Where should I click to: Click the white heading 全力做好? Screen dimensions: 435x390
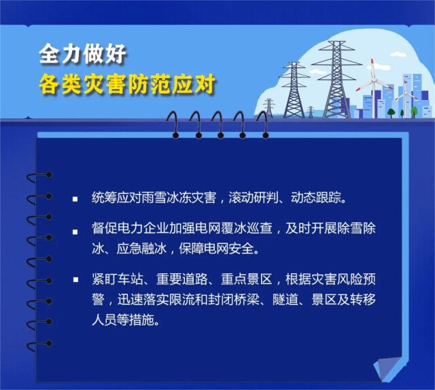pos(83,54)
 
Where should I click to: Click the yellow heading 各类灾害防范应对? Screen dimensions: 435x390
pos(127,84)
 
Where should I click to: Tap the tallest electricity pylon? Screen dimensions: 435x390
pos(336,79)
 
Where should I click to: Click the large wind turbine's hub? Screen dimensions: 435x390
pos(373,81)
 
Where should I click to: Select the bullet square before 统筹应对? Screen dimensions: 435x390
pos(75,199)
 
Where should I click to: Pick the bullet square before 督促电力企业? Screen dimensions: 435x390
pos(75,232)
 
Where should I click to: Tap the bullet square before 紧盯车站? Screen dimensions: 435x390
pos(75,279)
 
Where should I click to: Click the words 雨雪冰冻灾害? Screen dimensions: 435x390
pos(179,198)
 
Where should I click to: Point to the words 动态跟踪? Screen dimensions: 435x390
pos(315,198)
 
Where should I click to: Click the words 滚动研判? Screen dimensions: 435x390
pos(254,198)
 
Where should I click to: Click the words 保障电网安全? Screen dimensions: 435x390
pos(216,249)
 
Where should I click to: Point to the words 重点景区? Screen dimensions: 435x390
pos(246,279)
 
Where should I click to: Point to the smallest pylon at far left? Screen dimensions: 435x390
pos(268,108)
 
